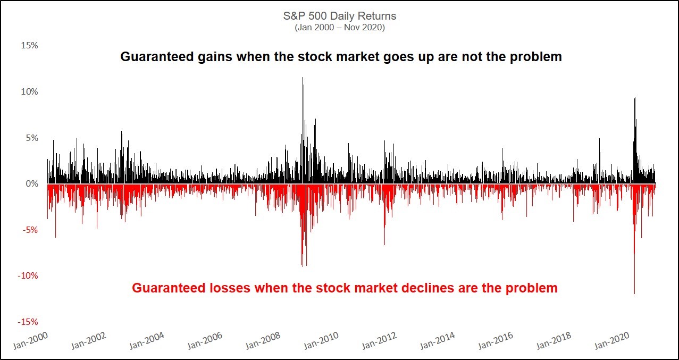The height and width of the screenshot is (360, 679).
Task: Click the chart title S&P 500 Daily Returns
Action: click(x=339, y=16)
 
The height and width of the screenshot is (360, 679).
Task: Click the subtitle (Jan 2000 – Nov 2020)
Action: click(x=339, y=28)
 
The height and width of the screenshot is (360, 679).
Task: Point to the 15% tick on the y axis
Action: click(x=29, y=46)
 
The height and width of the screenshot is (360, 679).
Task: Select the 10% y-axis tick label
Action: click(x=29, y=91)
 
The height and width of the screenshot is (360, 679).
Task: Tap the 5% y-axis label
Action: click(x=31, y=138)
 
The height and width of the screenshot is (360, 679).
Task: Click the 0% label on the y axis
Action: click(x=31, y=184)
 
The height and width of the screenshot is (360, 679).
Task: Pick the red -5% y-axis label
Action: click(x=30, y=230)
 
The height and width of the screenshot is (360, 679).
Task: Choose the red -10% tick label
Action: click(x=28, y=275)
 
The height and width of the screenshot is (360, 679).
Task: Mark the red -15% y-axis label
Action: click(x=28, y=322)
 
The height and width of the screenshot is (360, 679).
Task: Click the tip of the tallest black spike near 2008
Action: click(x=303, y=78)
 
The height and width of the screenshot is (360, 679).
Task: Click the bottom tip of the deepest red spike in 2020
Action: click(x=634, y=294)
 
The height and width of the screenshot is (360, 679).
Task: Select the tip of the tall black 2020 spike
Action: click(x=635, y=98)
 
